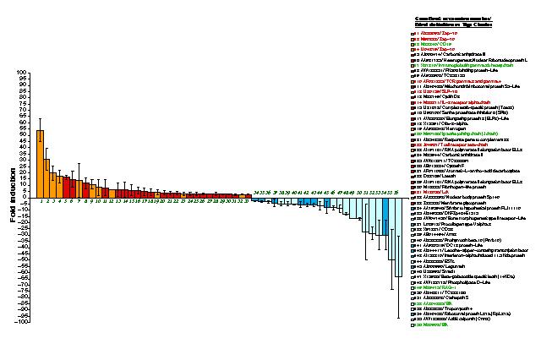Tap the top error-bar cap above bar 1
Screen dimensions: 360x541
pos(40,118)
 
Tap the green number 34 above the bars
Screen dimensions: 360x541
pos(255,194)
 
